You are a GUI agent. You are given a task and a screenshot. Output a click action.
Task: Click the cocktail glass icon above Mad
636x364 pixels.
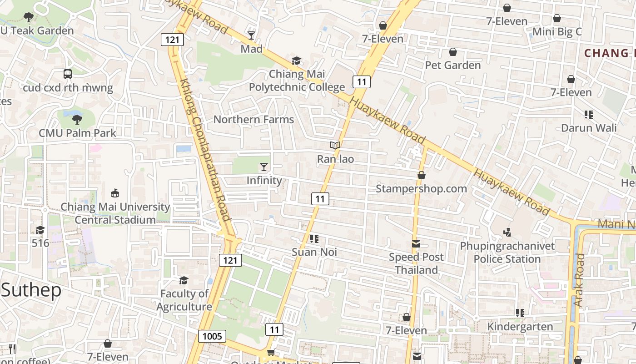[251, 35]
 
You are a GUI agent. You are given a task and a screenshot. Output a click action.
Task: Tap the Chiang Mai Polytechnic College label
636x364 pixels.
[297, 81]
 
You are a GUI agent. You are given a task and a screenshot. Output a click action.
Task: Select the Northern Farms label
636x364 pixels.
[253, 120]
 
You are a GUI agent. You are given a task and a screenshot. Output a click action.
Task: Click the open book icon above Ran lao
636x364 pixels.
[335, 146]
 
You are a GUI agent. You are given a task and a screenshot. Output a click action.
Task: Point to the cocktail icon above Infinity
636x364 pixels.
[264, 167]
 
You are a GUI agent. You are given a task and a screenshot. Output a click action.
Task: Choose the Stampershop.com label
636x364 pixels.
[421, 188]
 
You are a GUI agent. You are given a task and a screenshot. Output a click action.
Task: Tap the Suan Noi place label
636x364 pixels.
[314, 252]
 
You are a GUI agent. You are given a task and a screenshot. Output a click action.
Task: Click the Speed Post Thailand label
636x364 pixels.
[416, 263]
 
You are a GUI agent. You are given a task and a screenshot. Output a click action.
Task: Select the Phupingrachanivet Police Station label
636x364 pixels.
[507, 253]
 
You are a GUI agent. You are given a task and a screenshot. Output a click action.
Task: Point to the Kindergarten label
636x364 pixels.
[520, 327]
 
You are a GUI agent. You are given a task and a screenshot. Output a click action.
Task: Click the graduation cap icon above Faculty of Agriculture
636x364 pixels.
[184, 280]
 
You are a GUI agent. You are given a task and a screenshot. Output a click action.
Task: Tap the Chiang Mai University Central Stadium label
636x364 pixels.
[115, 213]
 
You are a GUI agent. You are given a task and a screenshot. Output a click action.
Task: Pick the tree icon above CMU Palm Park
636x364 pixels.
[77, 120]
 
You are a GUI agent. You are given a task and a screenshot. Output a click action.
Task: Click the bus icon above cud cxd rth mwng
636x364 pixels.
[68, 74]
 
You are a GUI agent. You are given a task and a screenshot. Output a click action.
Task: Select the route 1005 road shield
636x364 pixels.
[212, 336]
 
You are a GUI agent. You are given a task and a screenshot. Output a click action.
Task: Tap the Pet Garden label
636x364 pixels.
[452, 65]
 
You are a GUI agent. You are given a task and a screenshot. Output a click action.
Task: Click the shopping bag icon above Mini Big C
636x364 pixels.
[556, 18]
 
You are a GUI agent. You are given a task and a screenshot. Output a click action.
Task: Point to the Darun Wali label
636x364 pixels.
[589, 128]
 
